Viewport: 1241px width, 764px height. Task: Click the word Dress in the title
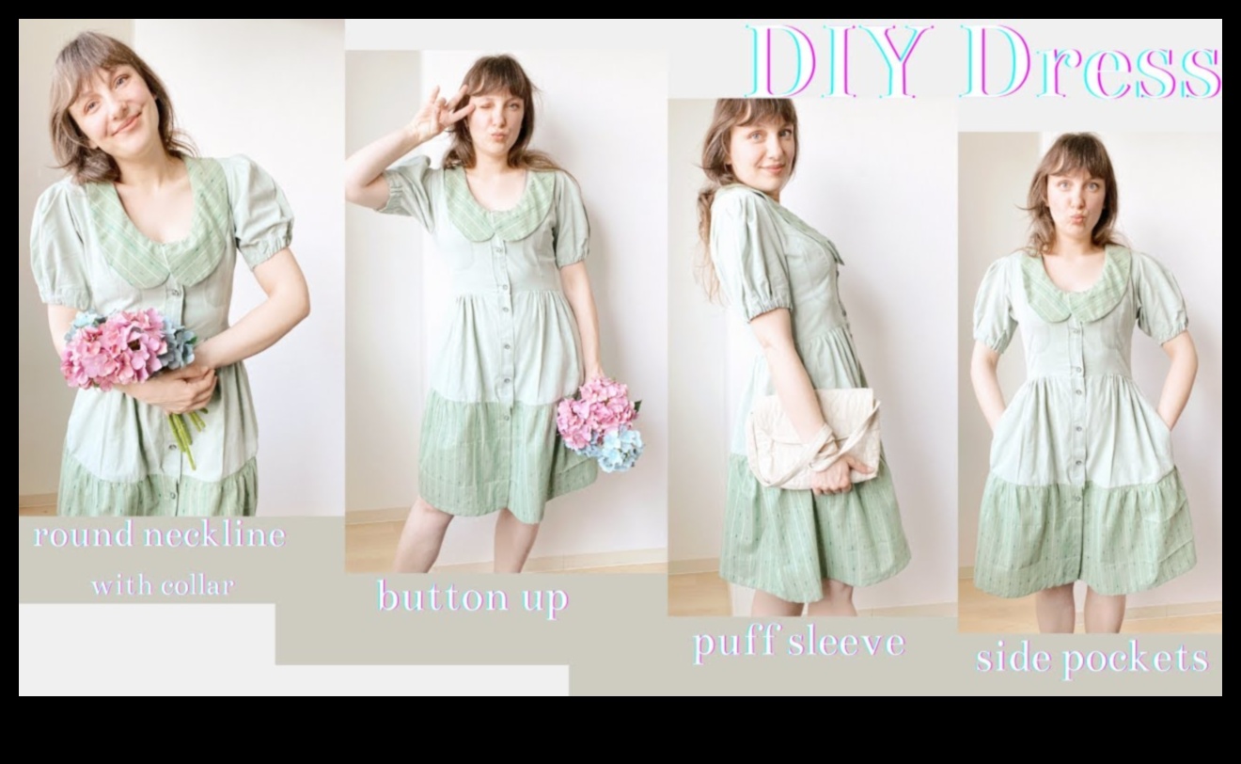1089,61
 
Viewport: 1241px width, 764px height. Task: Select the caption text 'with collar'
162,586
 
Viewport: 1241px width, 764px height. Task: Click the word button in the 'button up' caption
431,597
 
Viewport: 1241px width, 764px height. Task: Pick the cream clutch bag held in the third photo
812,438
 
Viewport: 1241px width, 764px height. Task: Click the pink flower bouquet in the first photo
118,345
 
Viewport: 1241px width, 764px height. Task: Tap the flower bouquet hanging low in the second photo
600,423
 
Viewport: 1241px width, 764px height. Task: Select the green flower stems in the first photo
184,433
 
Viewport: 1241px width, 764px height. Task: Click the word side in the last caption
1008,658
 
